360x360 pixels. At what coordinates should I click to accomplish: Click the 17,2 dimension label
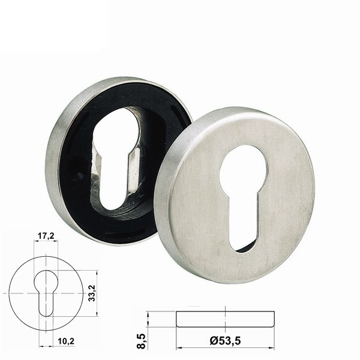(x=46, y=236)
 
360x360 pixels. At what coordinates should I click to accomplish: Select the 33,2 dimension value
(x=92, y=293)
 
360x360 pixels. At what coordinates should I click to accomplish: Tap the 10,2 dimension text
(x=66, y=341)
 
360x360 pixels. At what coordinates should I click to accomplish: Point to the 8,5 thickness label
(x=141, y=341)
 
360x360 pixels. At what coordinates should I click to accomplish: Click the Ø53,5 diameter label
(x=225, y=341)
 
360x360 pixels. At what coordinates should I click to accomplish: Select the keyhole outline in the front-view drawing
(x=46, y=293)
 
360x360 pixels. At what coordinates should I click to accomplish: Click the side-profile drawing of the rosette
(x=225, y=319)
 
